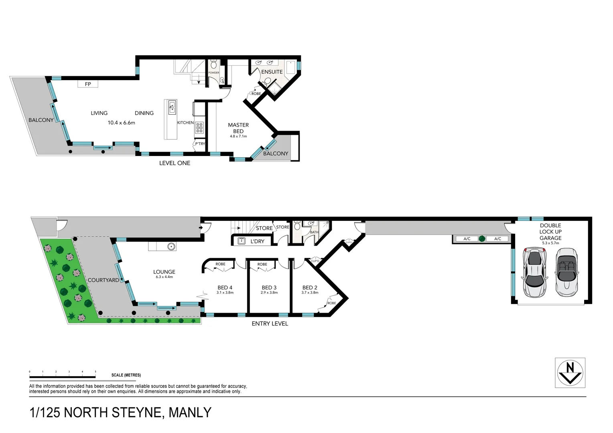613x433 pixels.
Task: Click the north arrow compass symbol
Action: pos(570,373)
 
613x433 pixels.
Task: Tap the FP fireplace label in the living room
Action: pos(88,84)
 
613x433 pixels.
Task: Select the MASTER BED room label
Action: pos(238,128)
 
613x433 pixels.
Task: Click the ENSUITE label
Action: pos(272,72)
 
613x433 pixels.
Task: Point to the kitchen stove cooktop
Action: pos(199,127)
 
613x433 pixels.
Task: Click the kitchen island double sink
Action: pos(172,107)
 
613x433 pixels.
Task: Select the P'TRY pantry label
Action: pos(200,144)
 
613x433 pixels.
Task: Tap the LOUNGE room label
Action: pos(164,272)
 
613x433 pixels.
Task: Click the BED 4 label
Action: pos(225,287)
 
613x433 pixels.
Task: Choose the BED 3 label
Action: pos(269,287)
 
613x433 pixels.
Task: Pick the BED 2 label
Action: pos(310,287)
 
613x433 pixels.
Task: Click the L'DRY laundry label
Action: pos(257,241)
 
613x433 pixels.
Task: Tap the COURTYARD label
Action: pos(103,280)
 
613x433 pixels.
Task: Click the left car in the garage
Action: pos(535,272)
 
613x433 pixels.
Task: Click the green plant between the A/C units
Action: pos(482,239)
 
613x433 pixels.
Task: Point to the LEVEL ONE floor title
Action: pos(175,163)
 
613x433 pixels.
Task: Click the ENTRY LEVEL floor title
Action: pos(270,324)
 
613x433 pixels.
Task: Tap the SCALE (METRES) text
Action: pos(126,375)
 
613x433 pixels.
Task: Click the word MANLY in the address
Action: pos(190,413)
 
